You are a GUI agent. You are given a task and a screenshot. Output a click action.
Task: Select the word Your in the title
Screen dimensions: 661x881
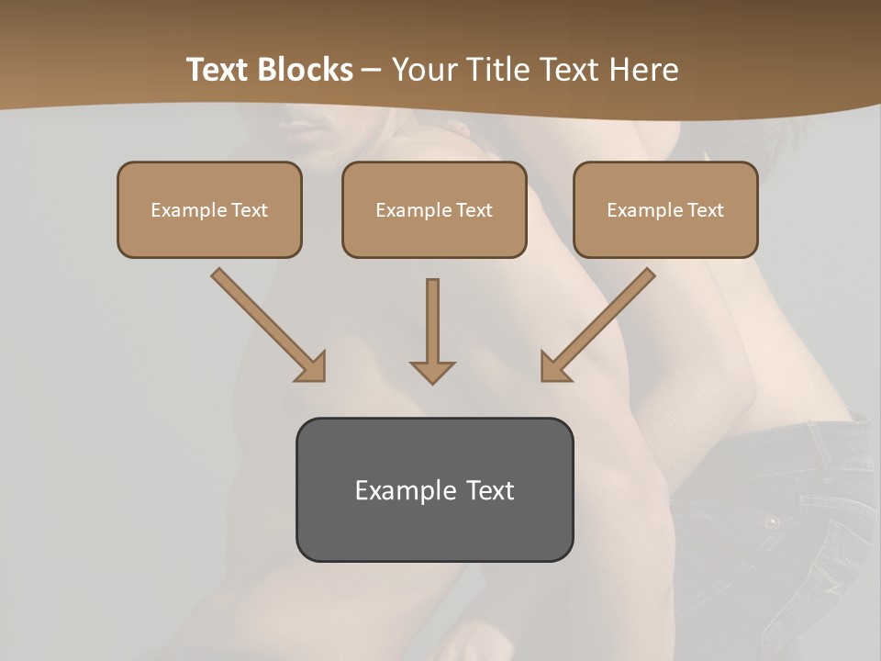tap(421, 70)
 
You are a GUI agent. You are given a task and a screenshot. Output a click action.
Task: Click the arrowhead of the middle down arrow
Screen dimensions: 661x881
tap(432, 371)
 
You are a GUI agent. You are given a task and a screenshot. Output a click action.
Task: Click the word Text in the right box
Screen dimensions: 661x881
tap(705, 210)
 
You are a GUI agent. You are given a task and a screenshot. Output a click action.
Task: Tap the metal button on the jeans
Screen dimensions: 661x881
tap(772, 521)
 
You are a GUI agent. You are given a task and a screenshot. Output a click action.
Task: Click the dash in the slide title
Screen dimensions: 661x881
tap(372, 70)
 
